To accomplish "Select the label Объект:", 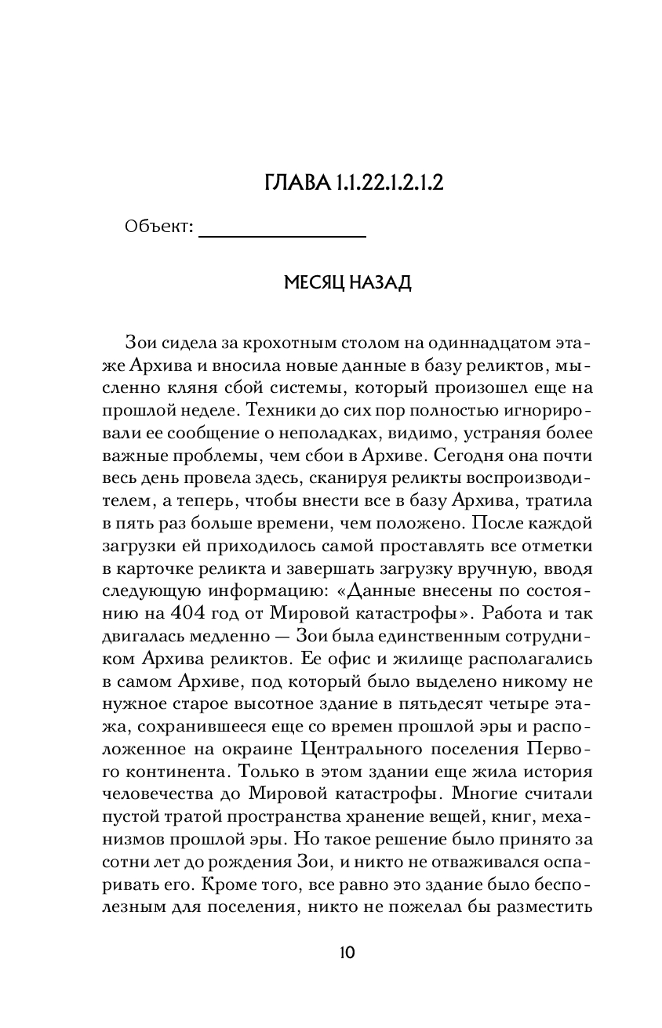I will tap(158, 227).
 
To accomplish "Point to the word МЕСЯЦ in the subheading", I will tap(313, 283).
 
